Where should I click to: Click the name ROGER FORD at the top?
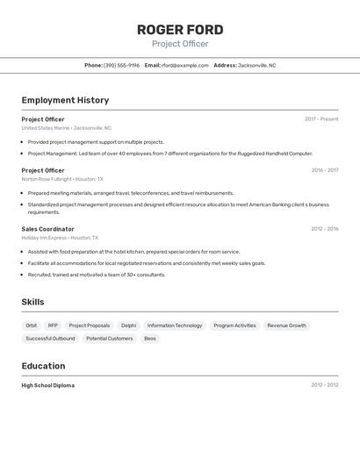tap(180, 30)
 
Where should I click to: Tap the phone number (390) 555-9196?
tap(121, 65)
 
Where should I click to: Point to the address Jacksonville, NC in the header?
tap(256, 65)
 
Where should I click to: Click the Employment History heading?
tap(65, 100)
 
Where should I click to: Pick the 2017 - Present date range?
tap(321, 119)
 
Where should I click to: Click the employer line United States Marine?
tap(66, 128)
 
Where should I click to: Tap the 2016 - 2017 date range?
tap(325, 170)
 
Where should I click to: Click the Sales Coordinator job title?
tap(47, 229)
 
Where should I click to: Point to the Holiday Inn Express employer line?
tap(60, 238)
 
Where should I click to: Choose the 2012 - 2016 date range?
tap(324, 229)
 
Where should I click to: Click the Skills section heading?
tap(33, 303)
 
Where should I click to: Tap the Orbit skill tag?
tap(32, 325)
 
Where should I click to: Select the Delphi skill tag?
tap(128, 325)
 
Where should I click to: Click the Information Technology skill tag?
tap(175, 325)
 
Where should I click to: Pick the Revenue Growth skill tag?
tap(286, 325)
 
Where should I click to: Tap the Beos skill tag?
tap(150, 339)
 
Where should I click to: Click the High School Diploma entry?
tap(48, 385)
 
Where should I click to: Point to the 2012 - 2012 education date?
tap(324, 385)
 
